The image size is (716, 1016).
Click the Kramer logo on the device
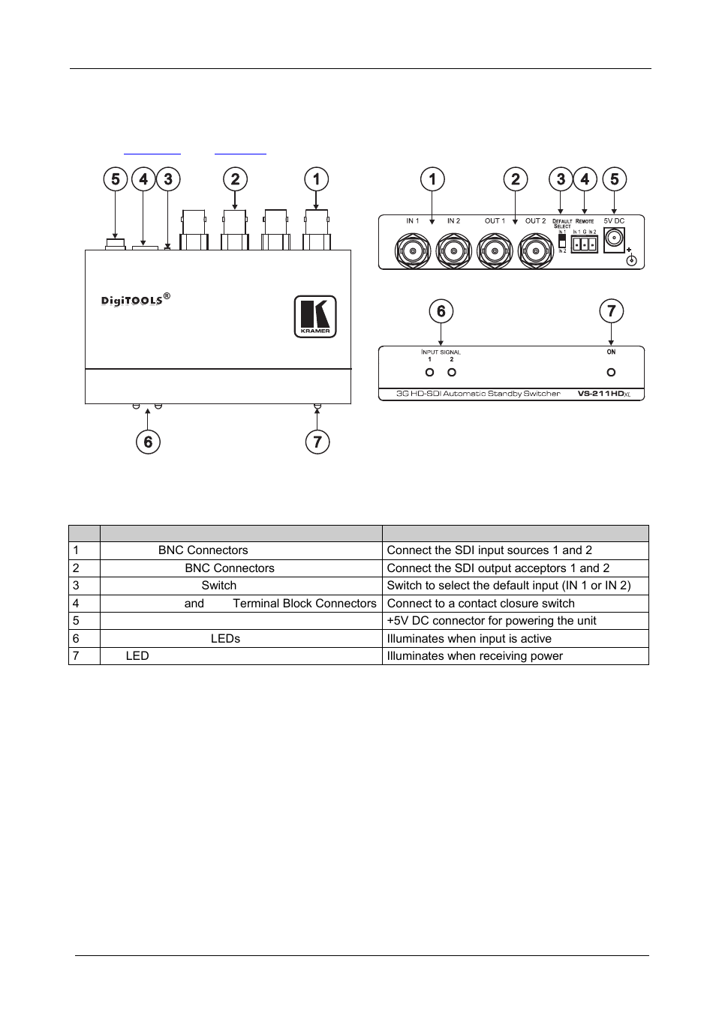pyautogui.click(x=314, y=316)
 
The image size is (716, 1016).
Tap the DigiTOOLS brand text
pyautogui.click(x=132, y=301)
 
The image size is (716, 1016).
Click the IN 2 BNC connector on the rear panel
pyautogui.click(x=453, y=249)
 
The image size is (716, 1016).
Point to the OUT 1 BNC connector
pyautogui.click(x=495, y=249)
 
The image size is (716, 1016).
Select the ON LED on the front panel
pyautogui.click(x=611, y=372)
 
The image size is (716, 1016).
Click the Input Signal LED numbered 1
pyautogui.click(x=429, y=372)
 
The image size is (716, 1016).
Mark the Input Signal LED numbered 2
pyautogui.click(x=452, y=372)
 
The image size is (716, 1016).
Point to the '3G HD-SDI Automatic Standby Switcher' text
pyautogui.click(x=479, y=394)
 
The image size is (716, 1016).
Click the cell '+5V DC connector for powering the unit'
pyautogui.click(x=492, y=621)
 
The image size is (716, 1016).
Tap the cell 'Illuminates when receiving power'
pyautogui.click(x=474, y=656)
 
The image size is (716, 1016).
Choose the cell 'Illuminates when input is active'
pyautogui.click(x=469, y=639)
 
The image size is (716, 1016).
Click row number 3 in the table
pyautogui.click(x=77, y=586)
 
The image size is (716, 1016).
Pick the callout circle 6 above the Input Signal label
pyautogui.click(x=441, y=311)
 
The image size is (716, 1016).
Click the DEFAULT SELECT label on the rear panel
pyautogui.click(x=562, y=223)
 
